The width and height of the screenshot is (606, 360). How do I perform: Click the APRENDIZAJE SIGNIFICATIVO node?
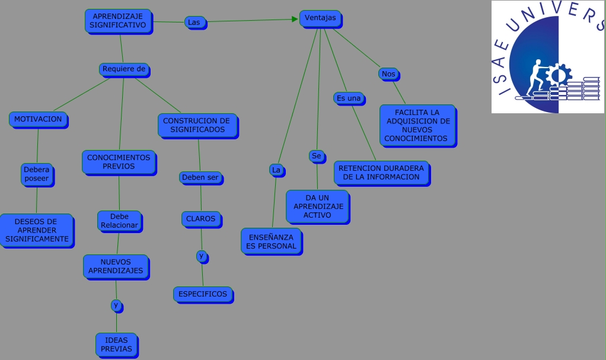click(118, 21)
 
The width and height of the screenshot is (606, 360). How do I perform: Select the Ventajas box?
click(320, 18)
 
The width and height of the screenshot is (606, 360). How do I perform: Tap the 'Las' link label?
click(194, 22)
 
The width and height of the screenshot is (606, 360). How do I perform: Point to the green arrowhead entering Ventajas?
click(295, 19)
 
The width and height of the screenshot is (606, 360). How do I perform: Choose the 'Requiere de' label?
click(123, 69)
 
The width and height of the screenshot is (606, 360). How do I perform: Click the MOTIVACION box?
click(38, 119)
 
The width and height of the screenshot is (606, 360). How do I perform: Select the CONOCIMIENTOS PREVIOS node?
click(119, 162)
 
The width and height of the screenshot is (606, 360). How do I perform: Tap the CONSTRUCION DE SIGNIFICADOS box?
click(197, 125)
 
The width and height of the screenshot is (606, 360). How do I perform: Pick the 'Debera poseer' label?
click(37, 174)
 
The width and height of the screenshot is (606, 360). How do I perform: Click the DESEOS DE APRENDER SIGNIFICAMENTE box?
click(37, 230)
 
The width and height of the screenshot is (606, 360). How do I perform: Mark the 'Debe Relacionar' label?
click(119, 221)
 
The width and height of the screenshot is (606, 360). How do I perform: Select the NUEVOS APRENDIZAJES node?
click(116, 266)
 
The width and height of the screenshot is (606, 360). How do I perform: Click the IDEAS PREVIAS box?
click(116, 345)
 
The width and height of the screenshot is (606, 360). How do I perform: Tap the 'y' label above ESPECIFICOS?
click(202, 256)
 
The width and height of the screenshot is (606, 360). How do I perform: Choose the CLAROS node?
click(201, 219)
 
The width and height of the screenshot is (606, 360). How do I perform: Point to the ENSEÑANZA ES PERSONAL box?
click(271, 241)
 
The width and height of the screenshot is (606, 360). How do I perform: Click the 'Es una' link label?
click(348, 98)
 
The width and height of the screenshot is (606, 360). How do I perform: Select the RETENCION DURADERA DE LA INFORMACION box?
click(381, 173)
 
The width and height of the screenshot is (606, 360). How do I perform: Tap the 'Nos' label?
click(388, 74)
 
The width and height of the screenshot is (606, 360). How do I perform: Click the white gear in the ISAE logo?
click(557, 76)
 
